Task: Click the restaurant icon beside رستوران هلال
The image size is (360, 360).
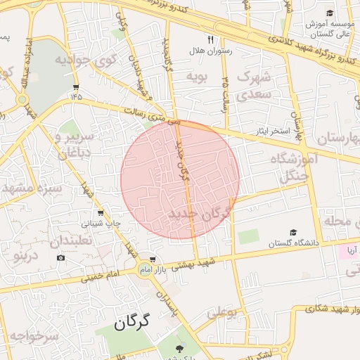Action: click(210, 40)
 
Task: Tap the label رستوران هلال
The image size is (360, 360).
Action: click(210, 52)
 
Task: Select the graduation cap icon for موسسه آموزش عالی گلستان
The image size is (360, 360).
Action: click(330, 13)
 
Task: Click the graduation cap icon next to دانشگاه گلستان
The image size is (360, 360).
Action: click(292, 233)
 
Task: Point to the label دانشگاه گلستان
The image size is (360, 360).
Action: click(292, 243)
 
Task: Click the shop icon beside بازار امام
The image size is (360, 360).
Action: click(152, 259)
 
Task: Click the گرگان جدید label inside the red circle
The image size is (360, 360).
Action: click(199, 214)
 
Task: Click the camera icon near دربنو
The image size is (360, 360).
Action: click(61, 258)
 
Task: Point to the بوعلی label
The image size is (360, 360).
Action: click(221, 310)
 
